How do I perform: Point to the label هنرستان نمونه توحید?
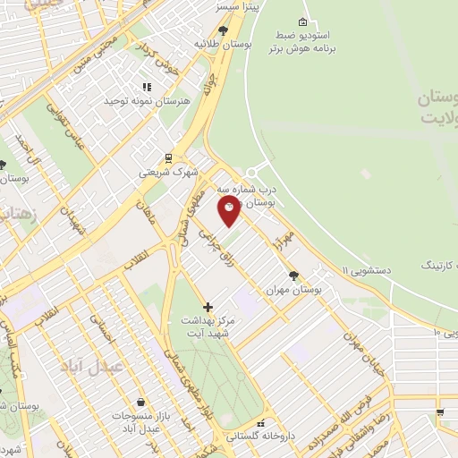click(x=148, y=102)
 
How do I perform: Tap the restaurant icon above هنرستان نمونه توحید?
click(x=147, y=88)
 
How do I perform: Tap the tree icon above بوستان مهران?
click(x=293, y=276)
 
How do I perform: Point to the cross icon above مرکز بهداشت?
click(x=208, y=307)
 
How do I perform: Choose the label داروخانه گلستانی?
click(x=260, y=437)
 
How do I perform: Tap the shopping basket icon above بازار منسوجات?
click(x=140, y=403)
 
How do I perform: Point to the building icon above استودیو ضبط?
click(x=302, y=21)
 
